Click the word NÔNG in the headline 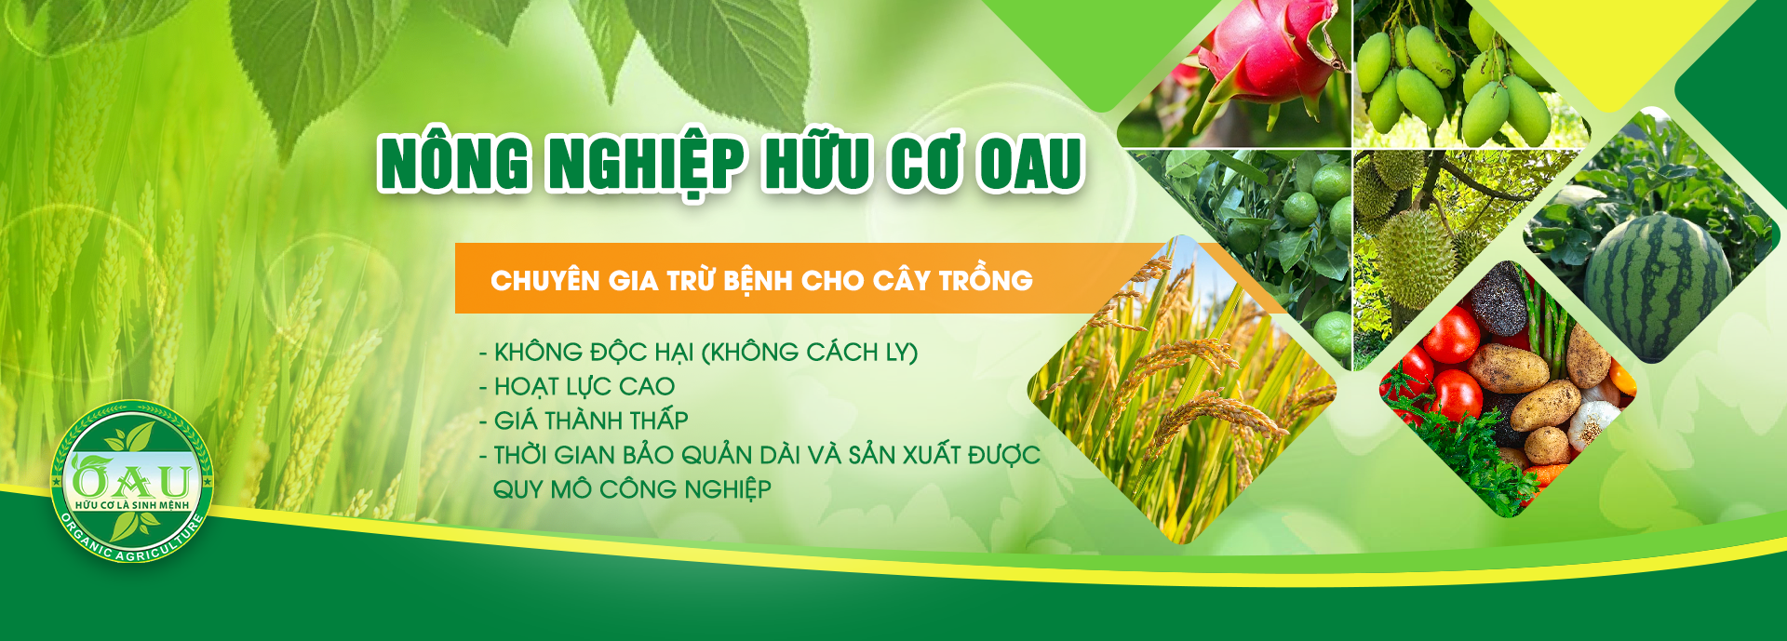pos(454,164)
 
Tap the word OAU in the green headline pos(1029,164)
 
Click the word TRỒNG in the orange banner pos(986,279)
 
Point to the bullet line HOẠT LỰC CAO pos(577,387)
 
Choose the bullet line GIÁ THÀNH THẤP pos(584,421)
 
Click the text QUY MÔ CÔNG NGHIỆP pos(632,489)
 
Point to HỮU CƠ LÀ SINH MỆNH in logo pos(132,505)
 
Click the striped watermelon pos(1658,287)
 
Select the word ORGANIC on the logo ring pos(84,538)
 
